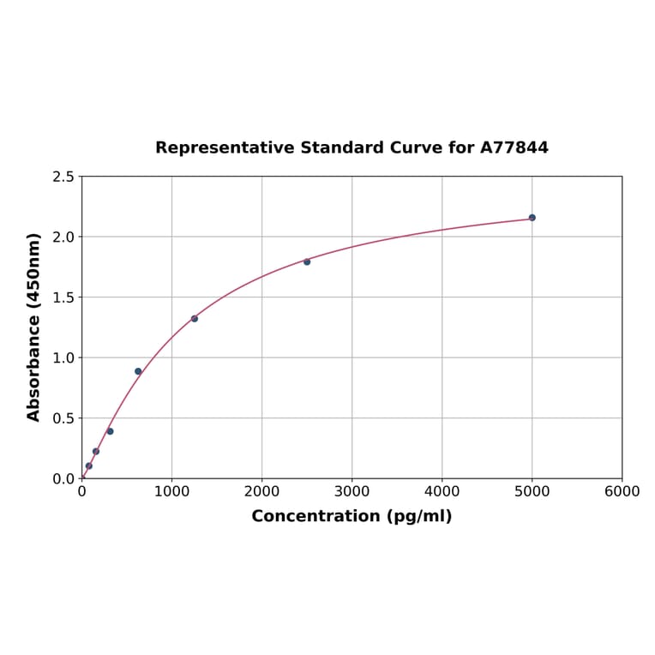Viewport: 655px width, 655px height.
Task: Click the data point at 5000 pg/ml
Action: coord(532,218)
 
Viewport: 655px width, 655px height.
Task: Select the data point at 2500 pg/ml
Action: coord(307,261)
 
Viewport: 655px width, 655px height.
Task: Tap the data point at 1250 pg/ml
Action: coord(195,319)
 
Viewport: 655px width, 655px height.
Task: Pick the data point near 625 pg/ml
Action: coord(138,371)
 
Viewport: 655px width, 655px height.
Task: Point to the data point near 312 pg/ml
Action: coord(110,431)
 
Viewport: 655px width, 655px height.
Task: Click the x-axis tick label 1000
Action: coord(171,491)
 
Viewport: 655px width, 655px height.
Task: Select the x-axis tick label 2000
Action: coord(261,491)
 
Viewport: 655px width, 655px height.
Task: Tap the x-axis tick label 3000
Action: coord(352,491)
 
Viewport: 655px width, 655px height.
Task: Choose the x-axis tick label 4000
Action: coord(442,491)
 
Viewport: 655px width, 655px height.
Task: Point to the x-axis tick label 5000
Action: coord(532,491)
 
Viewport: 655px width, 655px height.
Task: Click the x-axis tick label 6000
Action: coord(622,491)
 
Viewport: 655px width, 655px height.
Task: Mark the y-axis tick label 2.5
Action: coord(63,177)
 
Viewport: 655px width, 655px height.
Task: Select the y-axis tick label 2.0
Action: coord(63,237)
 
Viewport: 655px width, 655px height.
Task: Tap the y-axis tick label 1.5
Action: coord(63,297)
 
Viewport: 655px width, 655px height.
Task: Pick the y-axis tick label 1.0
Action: coord(63,358)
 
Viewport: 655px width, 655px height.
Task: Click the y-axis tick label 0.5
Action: coord(63,418)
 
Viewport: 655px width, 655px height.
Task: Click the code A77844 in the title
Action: coord(514,147)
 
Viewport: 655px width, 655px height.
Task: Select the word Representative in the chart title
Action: coord(225,147)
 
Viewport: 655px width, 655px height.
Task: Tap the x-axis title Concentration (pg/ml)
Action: coord(352,516)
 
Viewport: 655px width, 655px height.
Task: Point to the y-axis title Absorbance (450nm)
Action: coord(34,327)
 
